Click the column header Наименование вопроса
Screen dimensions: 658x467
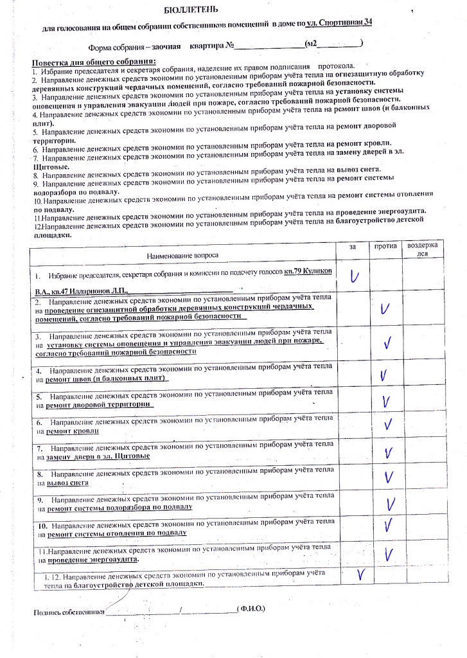tap(182, 256)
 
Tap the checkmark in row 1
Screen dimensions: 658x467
tap(354, 276)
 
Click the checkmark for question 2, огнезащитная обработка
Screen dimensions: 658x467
tap(385, 309)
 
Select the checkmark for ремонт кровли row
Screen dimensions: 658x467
tap(387, 425)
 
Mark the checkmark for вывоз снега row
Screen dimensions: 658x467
tap(388, 477)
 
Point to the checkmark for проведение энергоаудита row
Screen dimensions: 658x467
tap(388, 553)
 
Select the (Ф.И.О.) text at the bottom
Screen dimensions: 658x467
tap(251, 608)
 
